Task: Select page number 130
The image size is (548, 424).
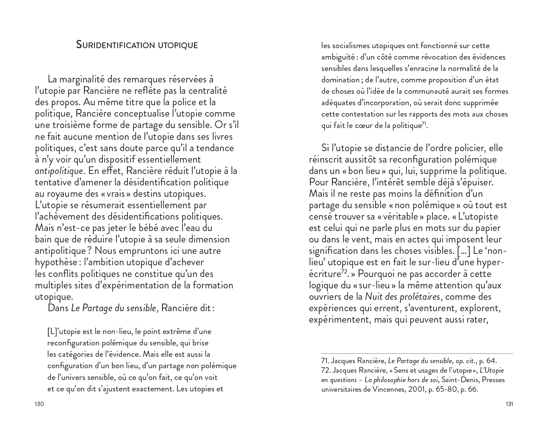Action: pyautogui.click(x=39, y=404)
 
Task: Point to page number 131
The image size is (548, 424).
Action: pyautogui.click(x=509, y=404)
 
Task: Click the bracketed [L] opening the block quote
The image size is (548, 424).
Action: pyautogui.click(x=52, y=332)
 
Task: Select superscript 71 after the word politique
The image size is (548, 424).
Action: pyautogui.click(x=424, y=124)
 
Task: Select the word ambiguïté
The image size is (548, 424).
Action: pyautogui.click(x=338, y=57)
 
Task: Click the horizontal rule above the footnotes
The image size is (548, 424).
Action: pyautogui.click(x=417, y=353)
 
